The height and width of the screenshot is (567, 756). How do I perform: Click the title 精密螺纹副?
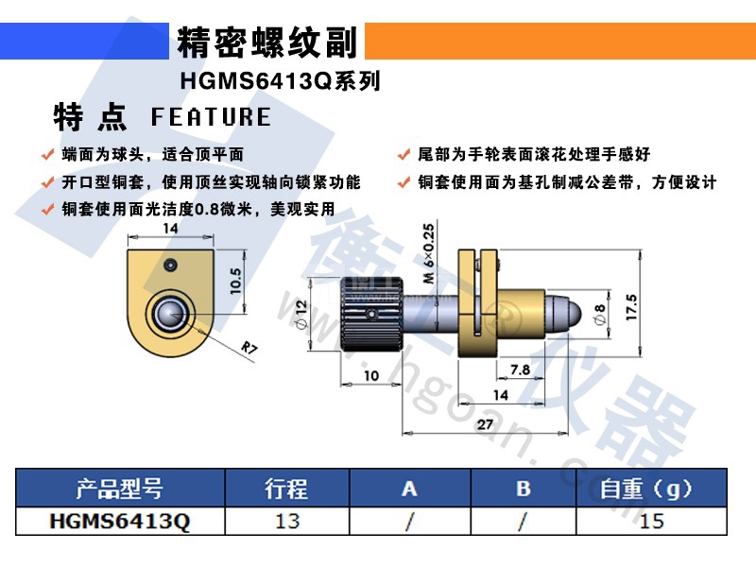(x=267, y=43)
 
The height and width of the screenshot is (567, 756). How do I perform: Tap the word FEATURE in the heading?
(x=211, y=117)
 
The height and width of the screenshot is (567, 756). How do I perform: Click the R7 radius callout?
(x=249, y=348)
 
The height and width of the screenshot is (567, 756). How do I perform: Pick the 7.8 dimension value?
(x=519, y=369)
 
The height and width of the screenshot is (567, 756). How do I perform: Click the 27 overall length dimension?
(x=484, y=425)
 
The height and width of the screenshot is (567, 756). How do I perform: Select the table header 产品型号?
(x=119, y=489)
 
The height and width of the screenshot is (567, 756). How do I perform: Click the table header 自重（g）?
(x=646, y=489)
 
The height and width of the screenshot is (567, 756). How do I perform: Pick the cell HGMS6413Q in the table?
(x=119, y=520)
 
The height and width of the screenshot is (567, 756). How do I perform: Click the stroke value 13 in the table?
(x=286, y=520)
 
